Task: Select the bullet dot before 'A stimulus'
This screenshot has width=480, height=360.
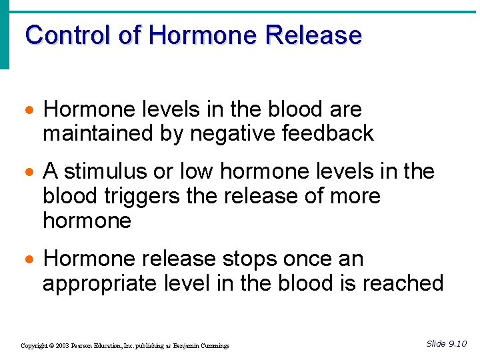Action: click(30, 173)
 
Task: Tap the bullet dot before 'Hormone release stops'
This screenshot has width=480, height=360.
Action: click(30, 259)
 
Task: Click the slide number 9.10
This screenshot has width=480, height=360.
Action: click(457, 343)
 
